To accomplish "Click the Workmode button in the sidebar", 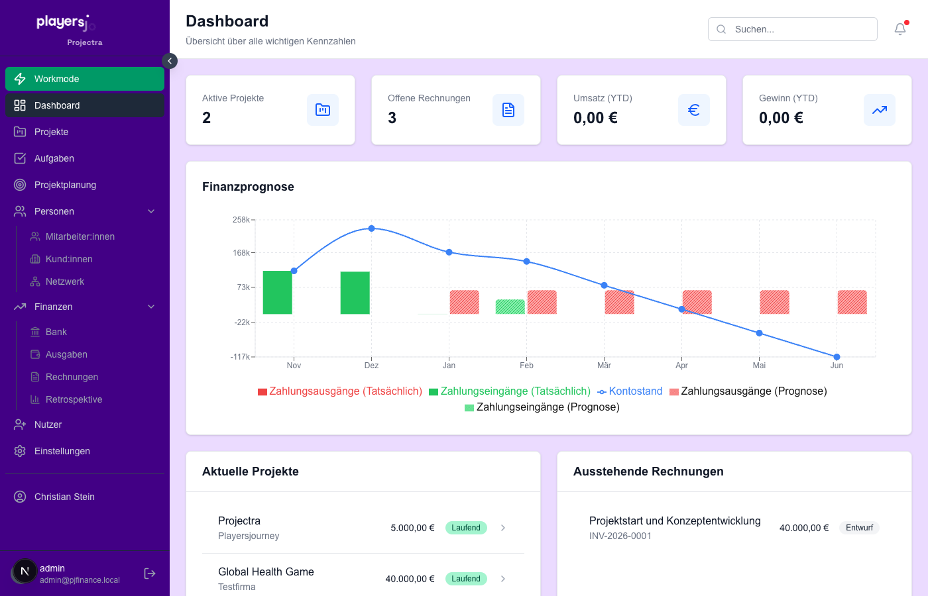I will [x=84, y=79].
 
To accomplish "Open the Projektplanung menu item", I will [x=65, y=185].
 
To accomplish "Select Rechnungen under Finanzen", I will [x=72, y=377].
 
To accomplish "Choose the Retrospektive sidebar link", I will [x=74, y=399].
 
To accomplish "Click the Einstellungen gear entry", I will [x=62, y=451].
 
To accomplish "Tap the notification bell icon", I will [x=899, y=29].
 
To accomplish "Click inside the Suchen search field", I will [x=795, y=29].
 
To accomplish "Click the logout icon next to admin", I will [x=150, y=573].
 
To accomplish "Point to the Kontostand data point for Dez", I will [x=371, y=228].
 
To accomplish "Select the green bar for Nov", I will [x=278, y=292].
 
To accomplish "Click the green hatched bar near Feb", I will [x=510, y=307].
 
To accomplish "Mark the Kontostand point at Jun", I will [x=837, y=357].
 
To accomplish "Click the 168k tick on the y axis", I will [x=241, y=253].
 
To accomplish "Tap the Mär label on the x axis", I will [x=604, y=366].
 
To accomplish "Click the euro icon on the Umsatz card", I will [x=693, y=110].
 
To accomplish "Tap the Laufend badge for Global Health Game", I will [x=466, y=579].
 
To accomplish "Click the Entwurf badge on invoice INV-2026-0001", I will [x=859, y=528].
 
